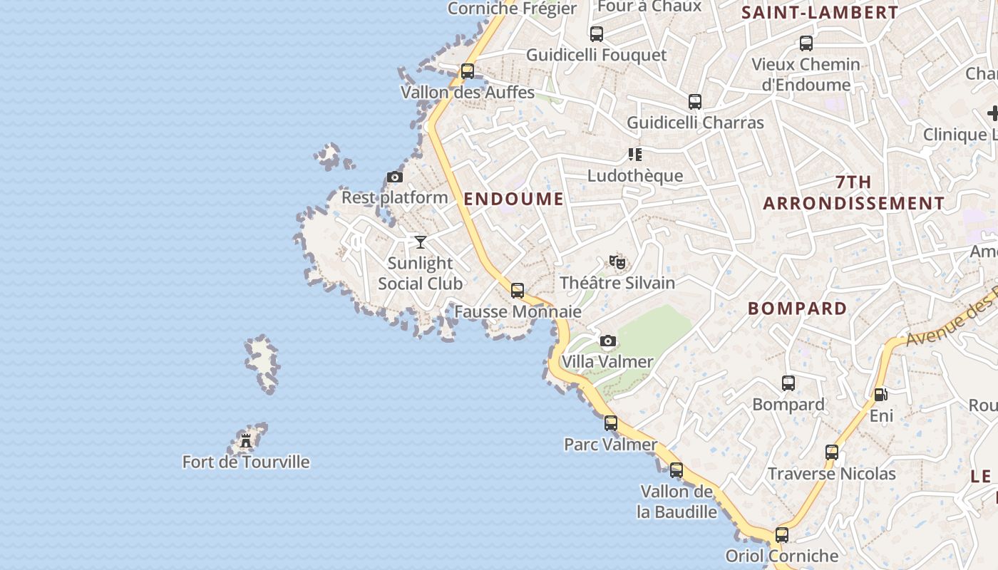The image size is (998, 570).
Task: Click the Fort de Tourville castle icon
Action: coord(246,441)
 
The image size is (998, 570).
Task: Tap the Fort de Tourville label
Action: coord(246,462)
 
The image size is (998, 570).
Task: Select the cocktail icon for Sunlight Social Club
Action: coord(421,242)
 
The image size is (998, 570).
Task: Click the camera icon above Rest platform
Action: coord(395,177)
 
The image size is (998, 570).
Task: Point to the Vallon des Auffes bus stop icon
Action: coord(468,71)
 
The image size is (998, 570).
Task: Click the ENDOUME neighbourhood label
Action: coord(513,199)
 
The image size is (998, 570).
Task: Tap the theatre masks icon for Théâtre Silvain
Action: coord(617,262)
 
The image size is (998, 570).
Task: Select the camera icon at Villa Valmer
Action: coord(607,341)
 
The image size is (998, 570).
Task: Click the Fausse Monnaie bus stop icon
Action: coord(518,291)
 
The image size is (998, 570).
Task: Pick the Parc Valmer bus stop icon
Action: coord(611,423)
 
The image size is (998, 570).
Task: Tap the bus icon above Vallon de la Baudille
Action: coord(677,470)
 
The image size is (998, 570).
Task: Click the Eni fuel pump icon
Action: coord(881,394)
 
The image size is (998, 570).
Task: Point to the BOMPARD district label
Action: coord(797,309)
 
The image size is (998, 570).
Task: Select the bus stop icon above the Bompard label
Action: coord(788,383)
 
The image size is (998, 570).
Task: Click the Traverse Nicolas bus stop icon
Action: coord(832,452)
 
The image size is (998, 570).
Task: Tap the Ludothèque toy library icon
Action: coord(635,154)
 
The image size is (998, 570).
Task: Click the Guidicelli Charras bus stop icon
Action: coord(695,102)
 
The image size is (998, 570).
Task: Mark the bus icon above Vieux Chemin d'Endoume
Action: coord(806,43)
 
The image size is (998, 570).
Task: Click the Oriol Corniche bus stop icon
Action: coord(782,535)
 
